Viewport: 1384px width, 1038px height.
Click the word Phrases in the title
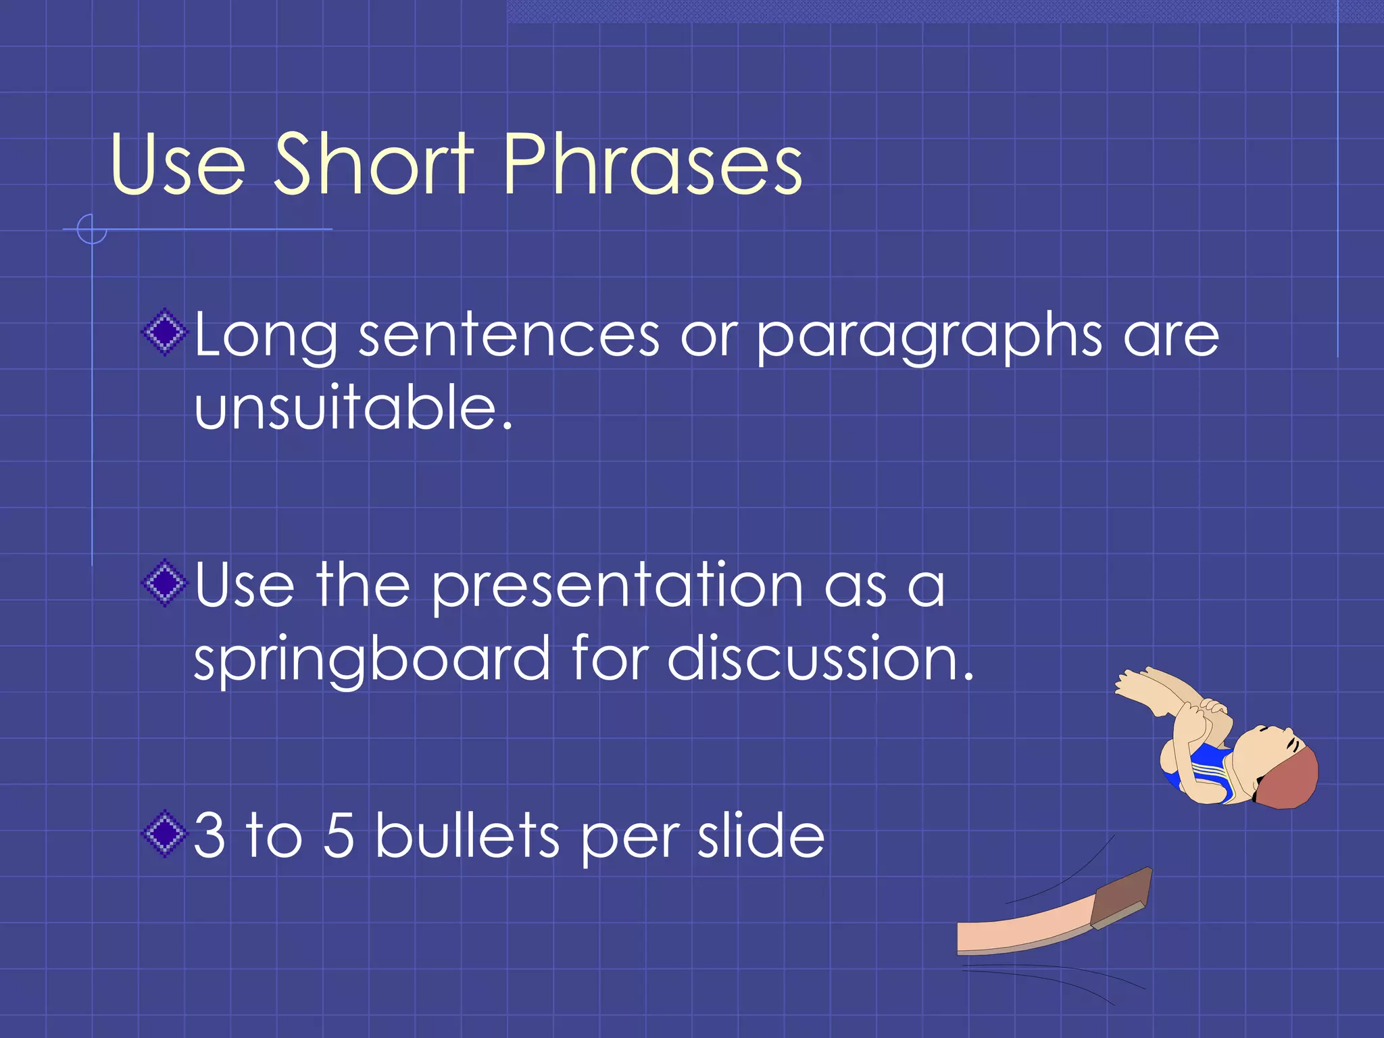(652, 164)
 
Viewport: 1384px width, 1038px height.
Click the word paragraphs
(929, 336)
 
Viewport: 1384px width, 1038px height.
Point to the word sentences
(508, 336)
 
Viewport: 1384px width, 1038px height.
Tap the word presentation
(617, 586)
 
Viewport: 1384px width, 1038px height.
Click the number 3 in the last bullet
(209, 836)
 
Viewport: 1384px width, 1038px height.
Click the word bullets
(467, 836)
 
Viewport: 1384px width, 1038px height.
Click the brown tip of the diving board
(1122, 895)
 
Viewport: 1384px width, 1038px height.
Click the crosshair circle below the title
(92, 229)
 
